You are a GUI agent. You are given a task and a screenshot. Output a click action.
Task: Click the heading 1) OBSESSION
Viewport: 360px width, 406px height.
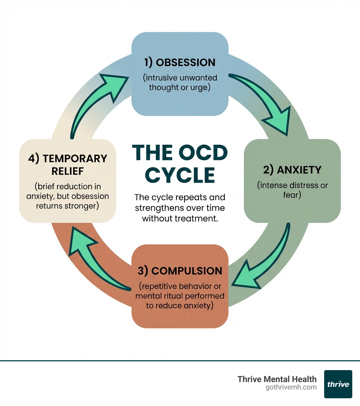[180, 63]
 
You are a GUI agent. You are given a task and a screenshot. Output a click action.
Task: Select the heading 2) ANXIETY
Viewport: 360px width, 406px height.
[292, 170]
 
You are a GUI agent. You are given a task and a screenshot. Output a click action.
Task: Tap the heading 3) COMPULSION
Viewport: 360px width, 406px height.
[180, 271]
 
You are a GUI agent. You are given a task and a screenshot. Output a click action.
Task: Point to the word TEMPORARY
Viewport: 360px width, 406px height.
[75, 159]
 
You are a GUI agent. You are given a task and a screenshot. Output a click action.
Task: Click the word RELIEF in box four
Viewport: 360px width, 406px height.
[67, 171]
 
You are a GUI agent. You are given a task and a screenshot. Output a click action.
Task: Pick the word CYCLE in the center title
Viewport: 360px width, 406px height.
[180, 175]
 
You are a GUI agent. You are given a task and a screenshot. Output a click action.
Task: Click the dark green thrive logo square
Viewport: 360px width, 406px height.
[338, 384]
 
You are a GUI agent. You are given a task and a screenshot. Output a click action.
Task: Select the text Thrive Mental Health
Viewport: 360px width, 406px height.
[277, 379]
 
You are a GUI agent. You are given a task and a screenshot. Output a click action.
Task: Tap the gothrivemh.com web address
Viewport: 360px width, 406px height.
[291, 387]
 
